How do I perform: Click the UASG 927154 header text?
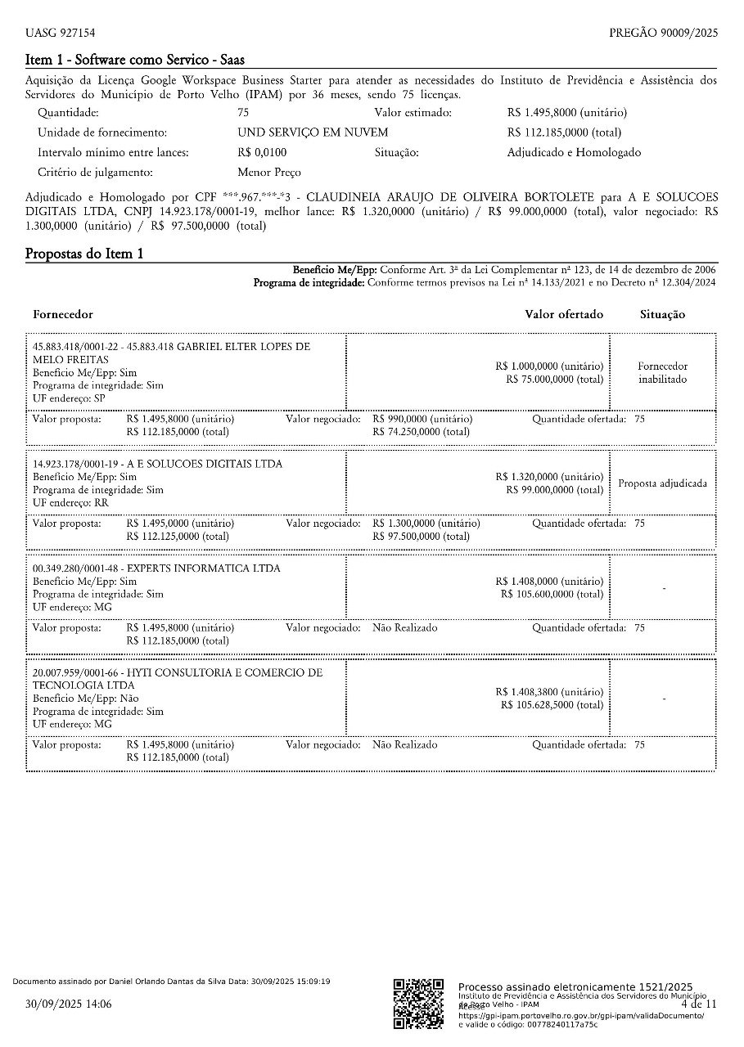(60, 33)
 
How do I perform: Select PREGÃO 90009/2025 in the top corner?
(663, 33)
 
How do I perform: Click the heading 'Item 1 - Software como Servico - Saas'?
(135, 60)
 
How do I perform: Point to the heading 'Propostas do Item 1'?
(84, 254)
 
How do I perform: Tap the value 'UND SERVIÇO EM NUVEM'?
(313, 133)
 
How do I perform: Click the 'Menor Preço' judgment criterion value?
(268, 173)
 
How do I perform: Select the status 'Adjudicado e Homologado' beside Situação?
(574, 153)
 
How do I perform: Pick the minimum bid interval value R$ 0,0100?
(262, 153)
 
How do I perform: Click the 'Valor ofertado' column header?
(564, 314)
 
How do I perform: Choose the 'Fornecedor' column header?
(63, 314)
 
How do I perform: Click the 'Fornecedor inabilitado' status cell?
(663, 373)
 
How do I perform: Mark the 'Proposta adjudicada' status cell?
(663, 483)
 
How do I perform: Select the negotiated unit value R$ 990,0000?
(422, 419)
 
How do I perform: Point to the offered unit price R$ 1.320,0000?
(549, 477)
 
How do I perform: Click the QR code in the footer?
(418, 1004)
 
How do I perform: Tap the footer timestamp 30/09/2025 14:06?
(69, 1004)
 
